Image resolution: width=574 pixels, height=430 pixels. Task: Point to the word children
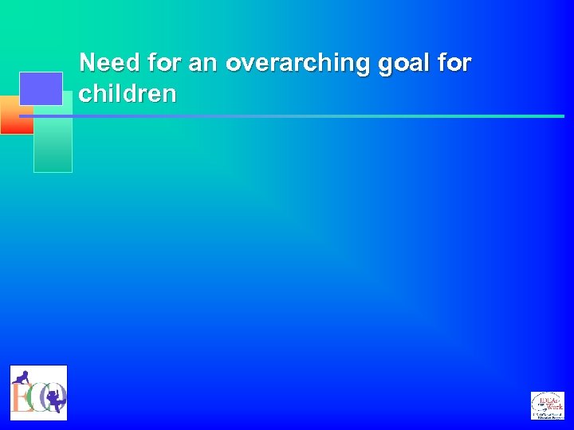[128, 94]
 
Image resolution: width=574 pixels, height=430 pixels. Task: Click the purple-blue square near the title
[41, 88]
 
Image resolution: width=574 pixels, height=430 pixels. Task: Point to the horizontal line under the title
[319, 116]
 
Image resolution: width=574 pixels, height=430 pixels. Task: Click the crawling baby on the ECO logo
[23, 378]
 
